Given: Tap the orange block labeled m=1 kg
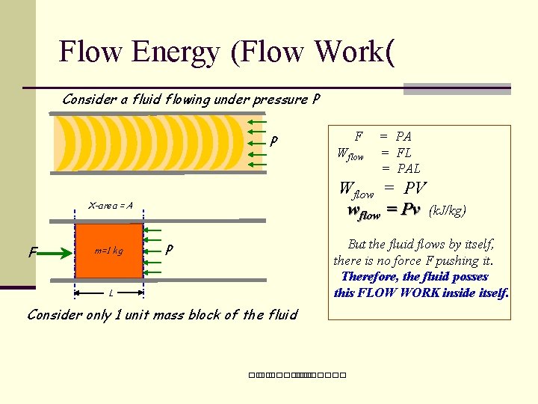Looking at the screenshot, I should tap(108, 251).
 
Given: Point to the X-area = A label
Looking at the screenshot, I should tap(111, 205).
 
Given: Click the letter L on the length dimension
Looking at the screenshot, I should tap(111, 293).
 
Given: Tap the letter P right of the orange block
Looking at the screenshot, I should tap(170, 248).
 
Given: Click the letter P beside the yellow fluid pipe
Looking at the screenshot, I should tap(275, 141).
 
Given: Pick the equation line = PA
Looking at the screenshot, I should tap(395, 136).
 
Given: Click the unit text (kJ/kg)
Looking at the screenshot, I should tap(447, 211).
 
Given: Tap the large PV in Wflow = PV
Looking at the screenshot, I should tap(415, 188).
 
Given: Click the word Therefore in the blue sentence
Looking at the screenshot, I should tap(370, 276).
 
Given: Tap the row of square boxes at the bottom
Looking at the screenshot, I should tap(297, 374).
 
